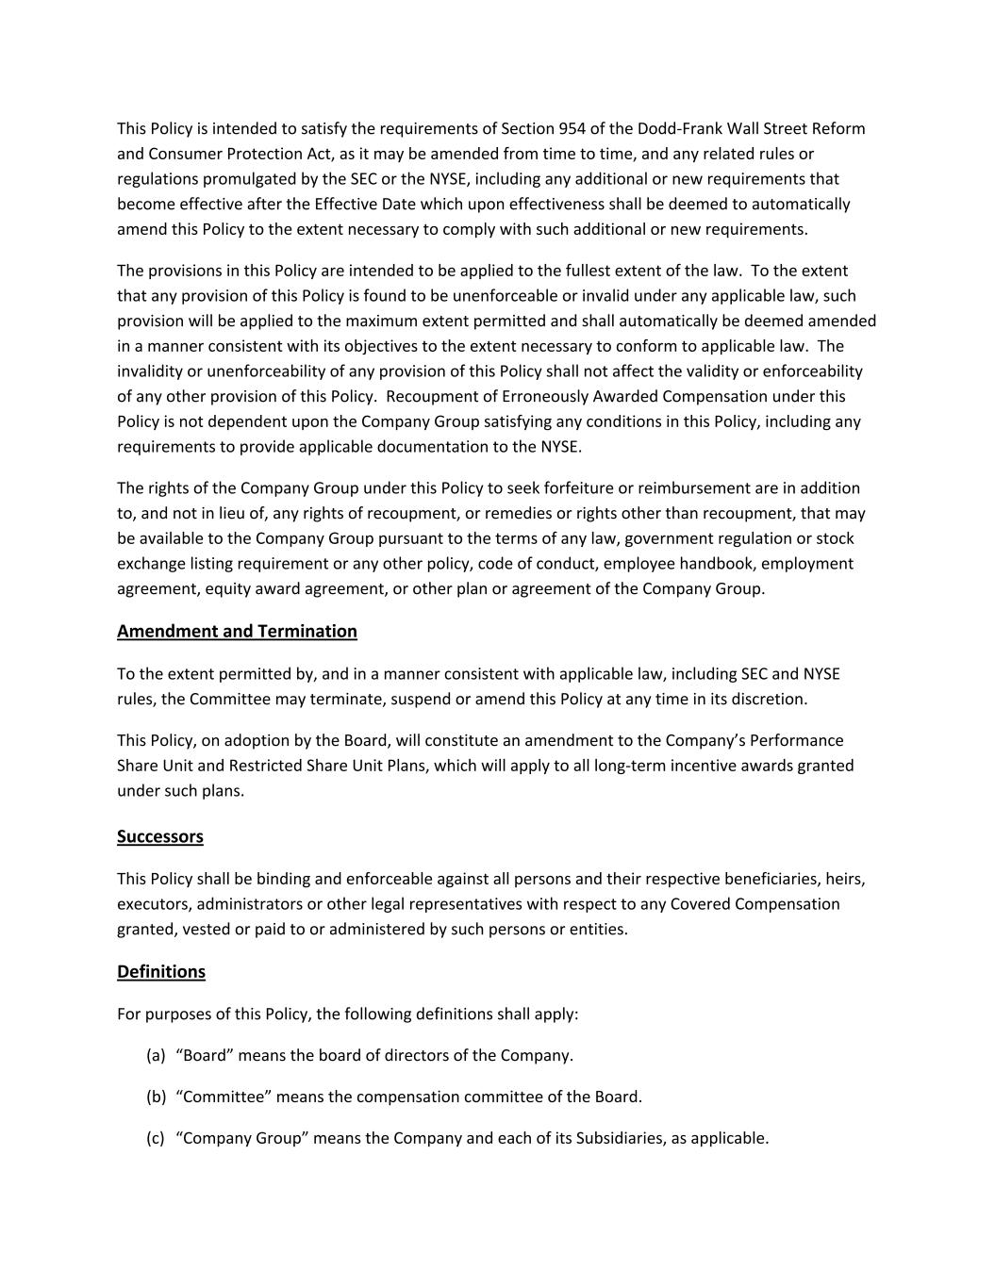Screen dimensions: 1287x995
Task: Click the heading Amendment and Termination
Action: [x=237, y=632]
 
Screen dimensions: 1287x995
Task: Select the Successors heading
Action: [x=160, y=837]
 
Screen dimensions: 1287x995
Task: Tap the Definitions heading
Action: [x=161, y=972]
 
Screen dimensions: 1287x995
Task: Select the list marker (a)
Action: [x=156, y=1056]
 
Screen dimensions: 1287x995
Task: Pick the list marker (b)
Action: [x=157, y=1097]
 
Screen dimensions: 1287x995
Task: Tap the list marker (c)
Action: [x=156, y=1139]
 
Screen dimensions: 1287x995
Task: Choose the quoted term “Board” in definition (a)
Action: [x=205, y=1056]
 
